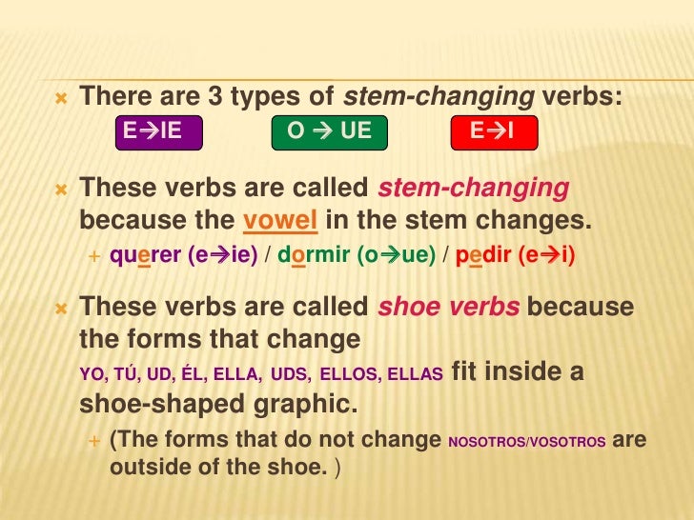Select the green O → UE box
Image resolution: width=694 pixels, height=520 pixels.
tap(329, 132)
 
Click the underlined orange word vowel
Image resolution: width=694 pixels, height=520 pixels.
tap(280, 221)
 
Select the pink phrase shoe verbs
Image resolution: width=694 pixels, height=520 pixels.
tap(449, 308)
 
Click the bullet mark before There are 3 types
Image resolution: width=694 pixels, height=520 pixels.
tap(61, 96)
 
